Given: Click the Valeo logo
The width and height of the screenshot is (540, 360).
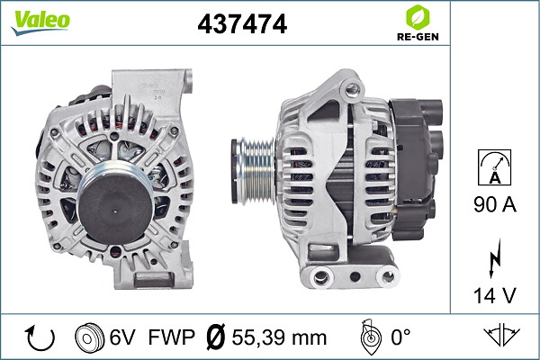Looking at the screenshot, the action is pos(40,22).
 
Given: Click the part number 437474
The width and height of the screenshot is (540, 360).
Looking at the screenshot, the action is pos(242,23).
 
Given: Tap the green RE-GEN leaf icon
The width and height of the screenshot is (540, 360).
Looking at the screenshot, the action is pos(418,17).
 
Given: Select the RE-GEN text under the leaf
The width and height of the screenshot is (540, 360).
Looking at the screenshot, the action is pos(418,37).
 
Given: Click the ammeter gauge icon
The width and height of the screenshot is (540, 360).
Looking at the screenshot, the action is pos(494,167).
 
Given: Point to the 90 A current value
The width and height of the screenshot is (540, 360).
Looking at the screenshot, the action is pos(495,204).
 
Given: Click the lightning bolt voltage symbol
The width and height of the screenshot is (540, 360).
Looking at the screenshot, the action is pos(494,258).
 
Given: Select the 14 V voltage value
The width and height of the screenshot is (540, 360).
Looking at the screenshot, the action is pos(495,295).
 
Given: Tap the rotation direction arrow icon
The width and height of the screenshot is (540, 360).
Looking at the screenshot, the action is pos(40,337).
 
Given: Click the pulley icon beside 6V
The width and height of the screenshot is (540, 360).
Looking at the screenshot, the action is pos(89,337).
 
